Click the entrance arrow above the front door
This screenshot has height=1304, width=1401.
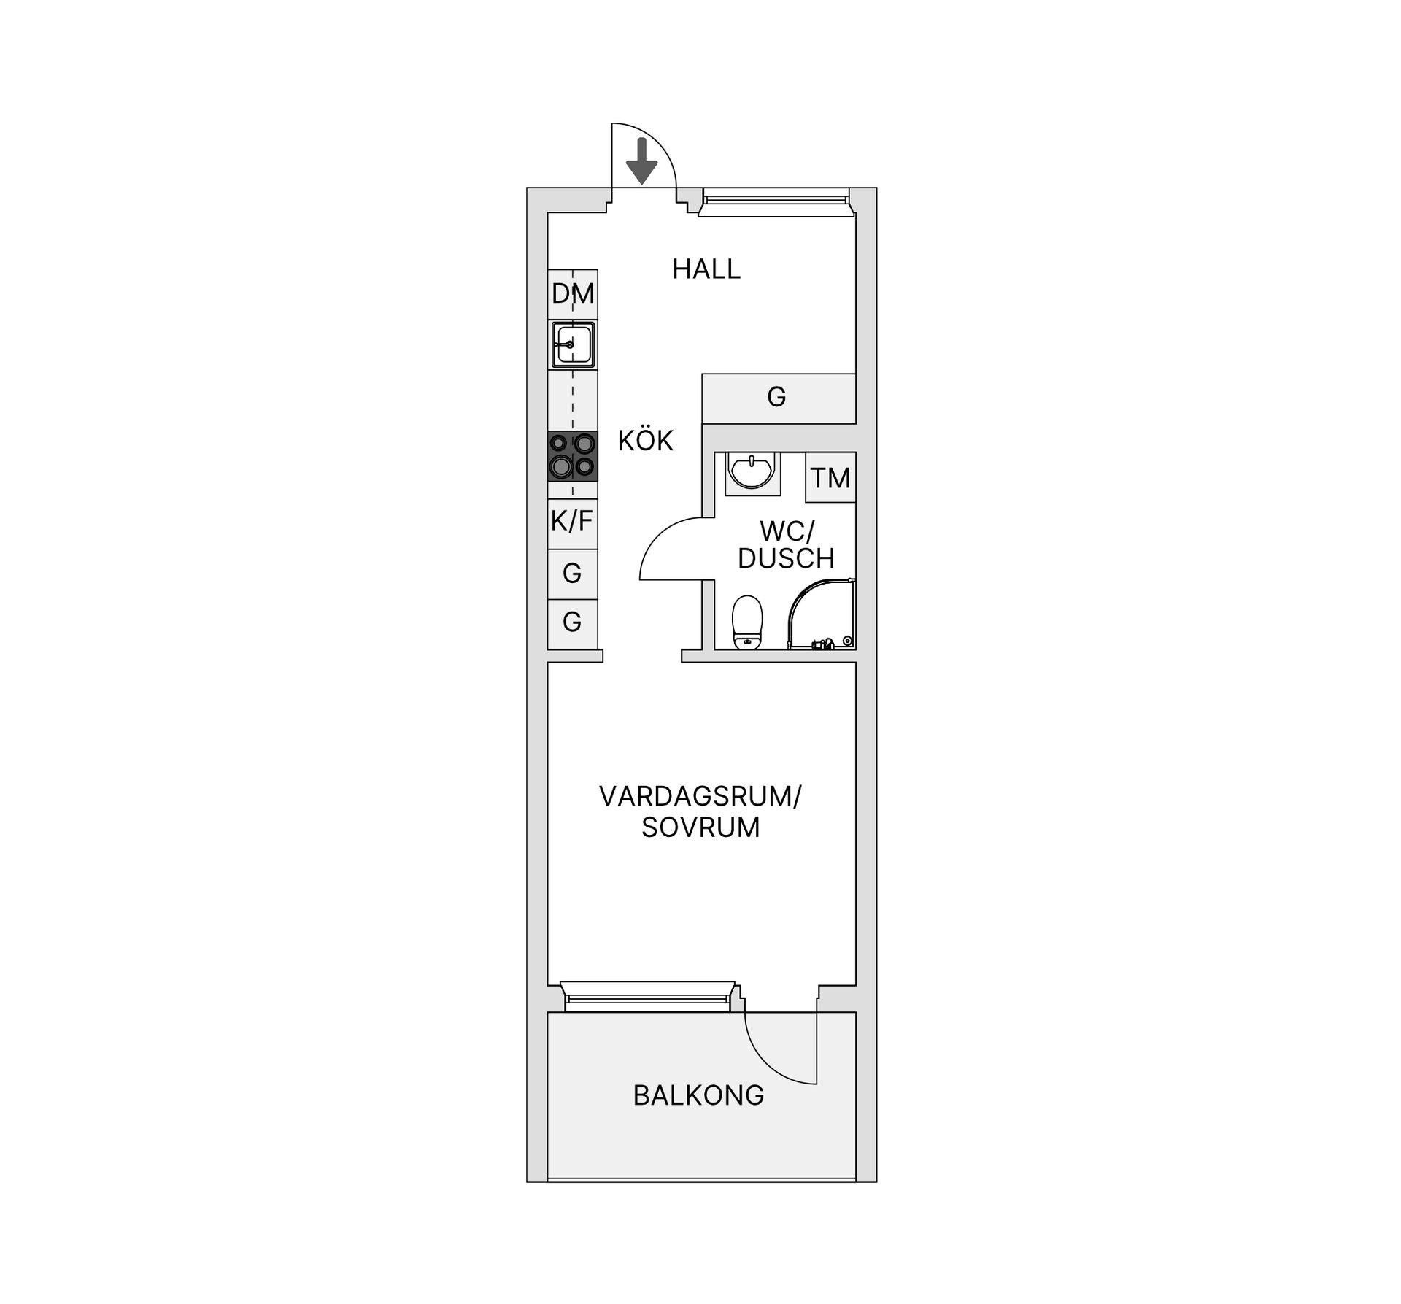click(642, 161)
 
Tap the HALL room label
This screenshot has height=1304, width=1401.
click(706, 269)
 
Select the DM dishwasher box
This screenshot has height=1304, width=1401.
click(573, 294)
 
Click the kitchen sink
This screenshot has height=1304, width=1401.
click(573, 344)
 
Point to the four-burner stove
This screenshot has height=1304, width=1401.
click(573, 456)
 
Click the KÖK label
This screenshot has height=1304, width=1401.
click(646, 441)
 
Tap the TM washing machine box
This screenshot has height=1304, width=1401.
click(830, 477)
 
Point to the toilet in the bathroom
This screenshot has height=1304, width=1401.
click(746, 622)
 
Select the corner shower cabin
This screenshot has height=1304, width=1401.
click(821, 614)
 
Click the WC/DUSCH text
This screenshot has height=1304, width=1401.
click(786, 544)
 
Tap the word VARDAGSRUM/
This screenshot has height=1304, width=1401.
click(700, 796)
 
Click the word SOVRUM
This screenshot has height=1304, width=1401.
click(700, 827)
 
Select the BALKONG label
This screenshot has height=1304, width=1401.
click(698, 1095)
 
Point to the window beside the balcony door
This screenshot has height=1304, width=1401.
click(648, 996)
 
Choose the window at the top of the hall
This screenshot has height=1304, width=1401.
click(776, 202)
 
